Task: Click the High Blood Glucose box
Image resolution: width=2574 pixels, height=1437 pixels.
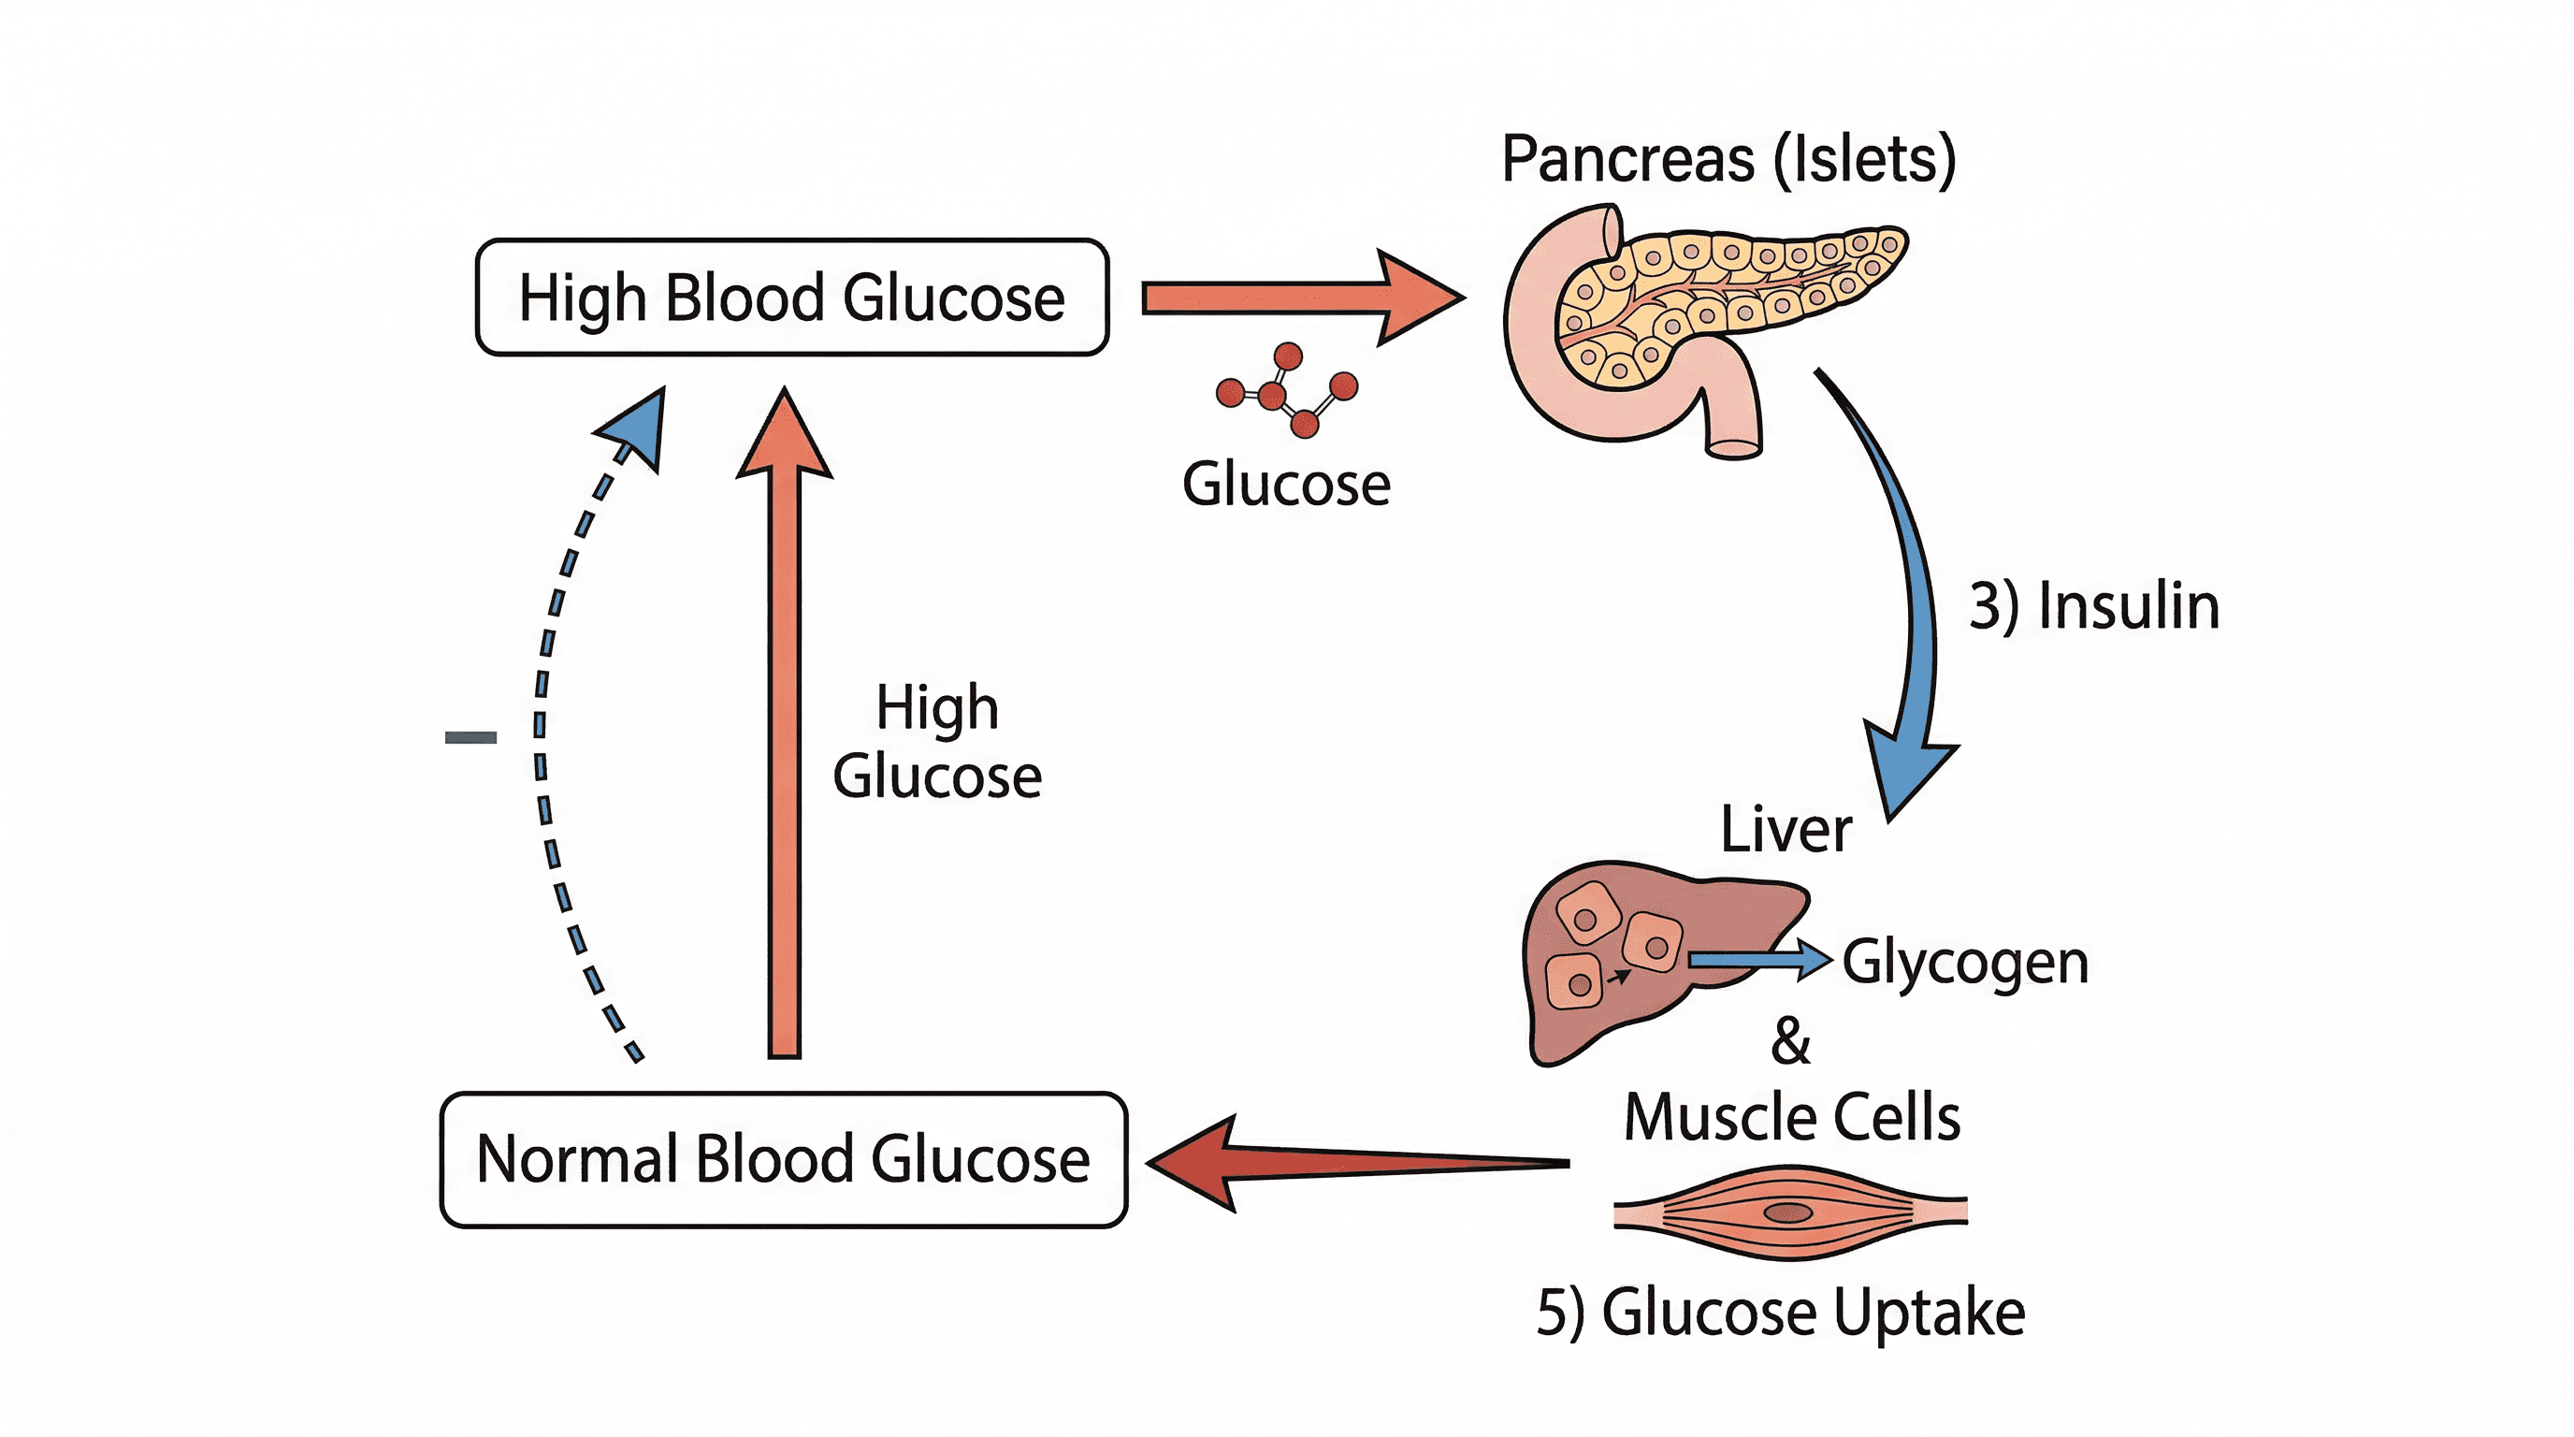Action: tap(791, 297)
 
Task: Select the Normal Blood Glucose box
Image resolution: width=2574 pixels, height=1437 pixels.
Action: tap(784, 1159)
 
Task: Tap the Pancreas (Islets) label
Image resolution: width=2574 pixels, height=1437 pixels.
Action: tap(1728, 159)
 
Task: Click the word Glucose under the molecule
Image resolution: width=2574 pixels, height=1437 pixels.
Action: tap(1286, 485)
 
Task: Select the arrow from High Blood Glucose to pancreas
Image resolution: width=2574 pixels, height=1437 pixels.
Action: tap(1299, 298)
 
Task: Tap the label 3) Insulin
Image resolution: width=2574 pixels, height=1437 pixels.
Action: tap(2093, 605)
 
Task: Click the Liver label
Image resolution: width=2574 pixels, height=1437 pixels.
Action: tap(1786, 830)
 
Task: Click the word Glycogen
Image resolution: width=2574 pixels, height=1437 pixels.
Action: tap(1964, 963)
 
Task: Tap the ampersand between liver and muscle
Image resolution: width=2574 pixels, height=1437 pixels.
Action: tap(1789, 1040)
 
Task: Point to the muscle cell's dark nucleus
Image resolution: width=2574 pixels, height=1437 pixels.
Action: tap(1787, 1213)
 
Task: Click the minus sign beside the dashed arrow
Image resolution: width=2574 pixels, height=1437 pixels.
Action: tap(470, 737)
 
